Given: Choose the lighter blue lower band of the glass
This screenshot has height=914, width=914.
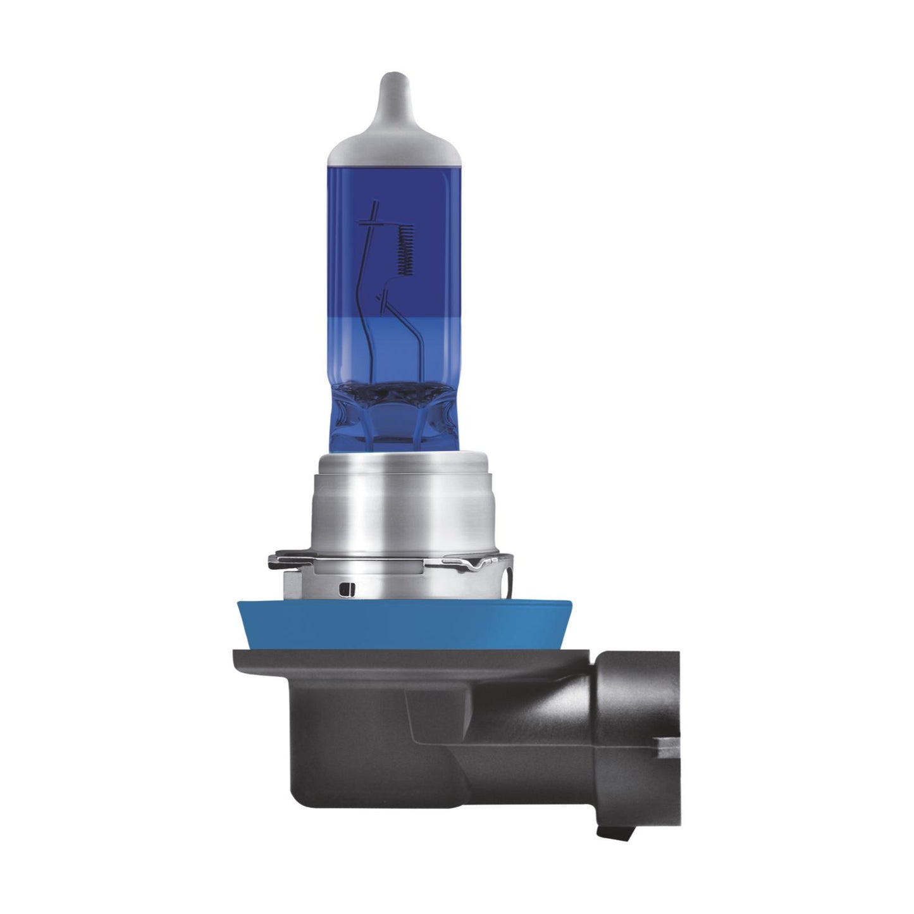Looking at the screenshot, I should click(354, 348).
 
